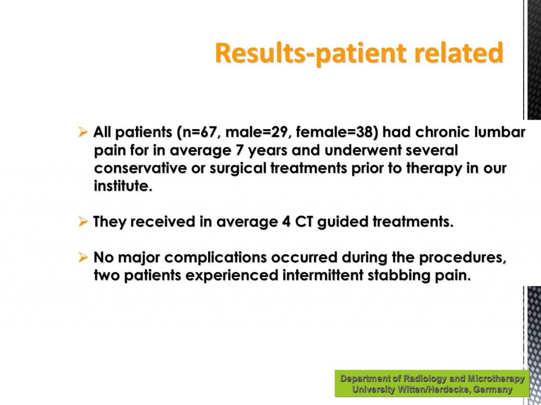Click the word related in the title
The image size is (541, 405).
[459, 52]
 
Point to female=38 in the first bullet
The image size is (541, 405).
[334, 132]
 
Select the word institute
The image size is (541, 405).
[123, 186]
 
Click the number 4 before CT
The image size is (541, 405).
[286, 221]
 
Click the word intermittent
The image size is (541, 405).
[323, 275]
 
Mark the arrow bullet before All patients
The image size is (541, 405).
[83, 131]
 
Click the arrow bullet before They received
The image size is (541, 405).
[83, 221]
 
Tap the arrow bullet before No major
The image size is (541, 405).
[83, 257]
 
